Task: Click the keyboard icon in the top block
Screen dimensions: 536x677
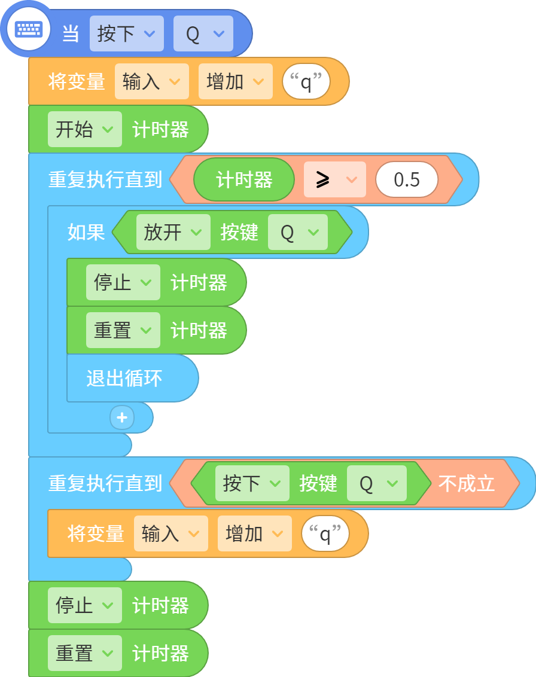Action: coord(29,29)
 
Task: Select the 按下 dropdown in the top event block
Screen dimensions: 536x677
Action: coord(127,33)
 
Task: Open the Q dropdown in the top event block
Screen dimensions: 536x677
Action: coord(203,33)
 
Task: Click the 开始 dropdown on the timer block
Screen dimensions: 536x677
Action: coord(85,129)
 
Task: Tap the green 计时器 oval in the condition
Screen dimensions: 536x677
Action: coord(244,179)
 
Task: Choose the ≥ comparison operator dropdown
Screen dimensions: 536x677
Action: coord(335,179)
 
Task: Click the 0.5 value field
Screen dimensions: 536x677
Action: coord(407,179)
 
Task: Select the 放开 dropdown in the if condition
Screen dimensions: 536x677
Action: coord(173,232)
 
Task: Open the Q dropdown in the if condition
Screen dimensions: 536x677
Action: coord(297,232)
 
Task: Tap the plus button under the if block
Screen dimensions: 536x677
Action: coord(122,417)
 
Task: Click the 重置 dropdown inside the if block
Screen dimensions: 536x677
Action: coord(123,330)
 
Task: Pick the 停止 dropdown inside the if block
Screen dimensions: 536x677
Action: coord(123,282)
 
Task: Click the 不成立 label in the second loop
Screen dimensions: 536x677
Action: coord(467,483)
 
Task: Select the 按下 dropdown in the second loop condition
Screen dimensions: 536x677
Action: coord(252,483)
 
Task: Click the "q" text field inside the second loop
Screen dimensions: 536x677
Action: coord(325,533)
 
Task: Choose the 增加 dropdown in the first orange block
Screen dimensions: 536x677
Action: coord(235,81)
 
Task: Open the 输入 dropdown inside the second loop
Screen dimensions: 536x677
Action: coord(171,533)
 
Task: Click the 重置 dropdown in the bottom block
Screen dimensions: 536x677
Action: coord(85,653)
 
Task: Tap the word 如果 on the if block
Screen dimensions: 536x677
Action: coord(86,232)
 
